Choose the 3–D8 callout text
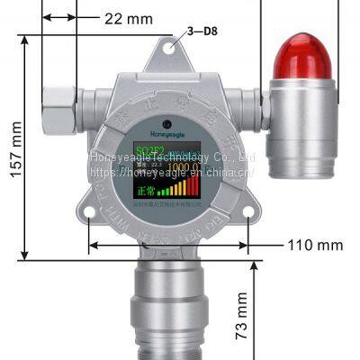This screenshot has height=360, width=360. click(x=202, y=33)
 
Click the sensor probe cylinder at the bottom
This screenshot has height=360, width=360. click(x=168, y=306)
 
